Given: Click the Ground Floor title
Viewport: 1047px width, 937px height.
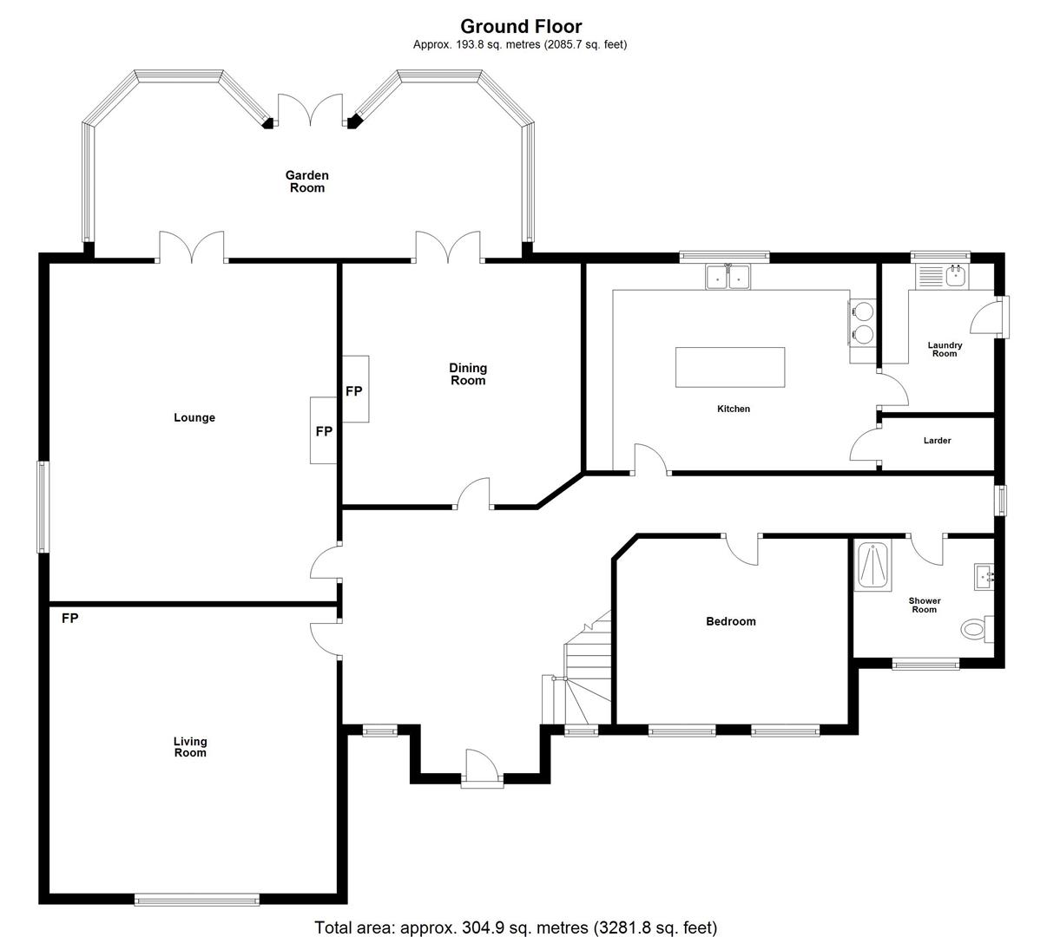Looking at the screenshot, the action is (520, 26).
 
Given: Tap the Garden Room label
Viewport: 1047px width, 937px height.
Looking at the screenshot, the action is (307, 181).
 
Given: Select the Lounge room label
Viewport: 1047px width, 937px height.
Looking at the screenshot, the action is (194, 417).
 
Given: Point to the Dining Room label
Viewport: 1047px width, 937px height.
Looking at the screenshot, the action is (468, 374).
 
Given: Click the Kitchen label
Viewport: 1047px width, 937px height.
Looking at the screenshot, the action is (734, 409).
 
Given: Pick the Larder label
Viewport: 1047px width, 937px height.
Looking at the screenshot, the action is (937, 440).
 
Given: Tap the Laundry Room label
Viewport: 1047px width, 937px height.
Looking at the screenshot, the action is (945, 349).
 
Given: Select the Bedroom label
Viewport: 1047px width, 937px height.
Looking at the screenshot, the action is (731, 621).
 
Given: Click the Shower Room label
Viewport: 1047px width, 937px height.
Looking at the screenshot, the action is (925, 605).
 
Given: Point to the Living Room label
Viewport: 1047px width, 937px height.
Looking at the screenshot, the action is (190, 747).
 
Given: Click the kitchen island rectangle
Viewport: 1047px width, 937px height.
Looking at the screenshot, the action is (730, 367).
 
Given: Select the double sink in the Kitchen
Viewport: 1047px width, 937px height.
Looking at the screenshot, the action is (728, 277).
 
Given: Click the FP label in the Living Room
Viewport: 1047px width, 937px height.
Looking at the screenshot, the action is (69, 618).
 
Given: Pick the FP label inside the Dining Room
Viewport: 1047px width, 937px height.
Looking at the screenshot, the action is (354, 391).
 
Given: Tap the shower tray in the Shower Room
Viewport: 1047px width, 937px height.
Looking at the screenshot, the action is (872, 566).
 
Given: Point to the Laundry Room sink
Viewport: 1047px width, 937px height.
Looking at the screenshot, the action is (958, 277).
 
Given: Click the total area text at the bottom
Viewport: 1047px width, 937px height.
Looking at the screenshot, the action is (516, 927).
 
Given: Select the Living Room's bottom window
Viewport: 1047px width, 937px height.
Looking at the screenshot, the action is (197, 900).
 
